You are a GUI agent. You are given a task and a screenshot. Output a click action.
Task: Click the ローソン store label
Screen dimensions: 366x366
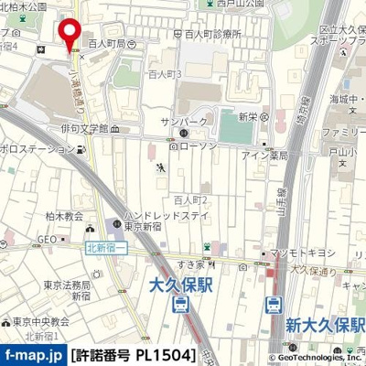click(195, 145)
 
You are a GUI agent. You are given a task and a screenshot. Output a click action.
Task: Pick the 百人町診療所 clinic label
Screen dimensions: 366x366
click(212, 33)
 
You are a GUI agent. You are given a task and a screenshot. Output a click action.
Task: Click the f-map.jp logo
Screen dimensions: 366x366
click(33, 354)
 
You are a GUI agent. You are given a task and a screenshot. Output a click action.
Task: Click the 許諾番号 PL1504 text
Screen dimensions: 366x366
click(134, 354)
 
